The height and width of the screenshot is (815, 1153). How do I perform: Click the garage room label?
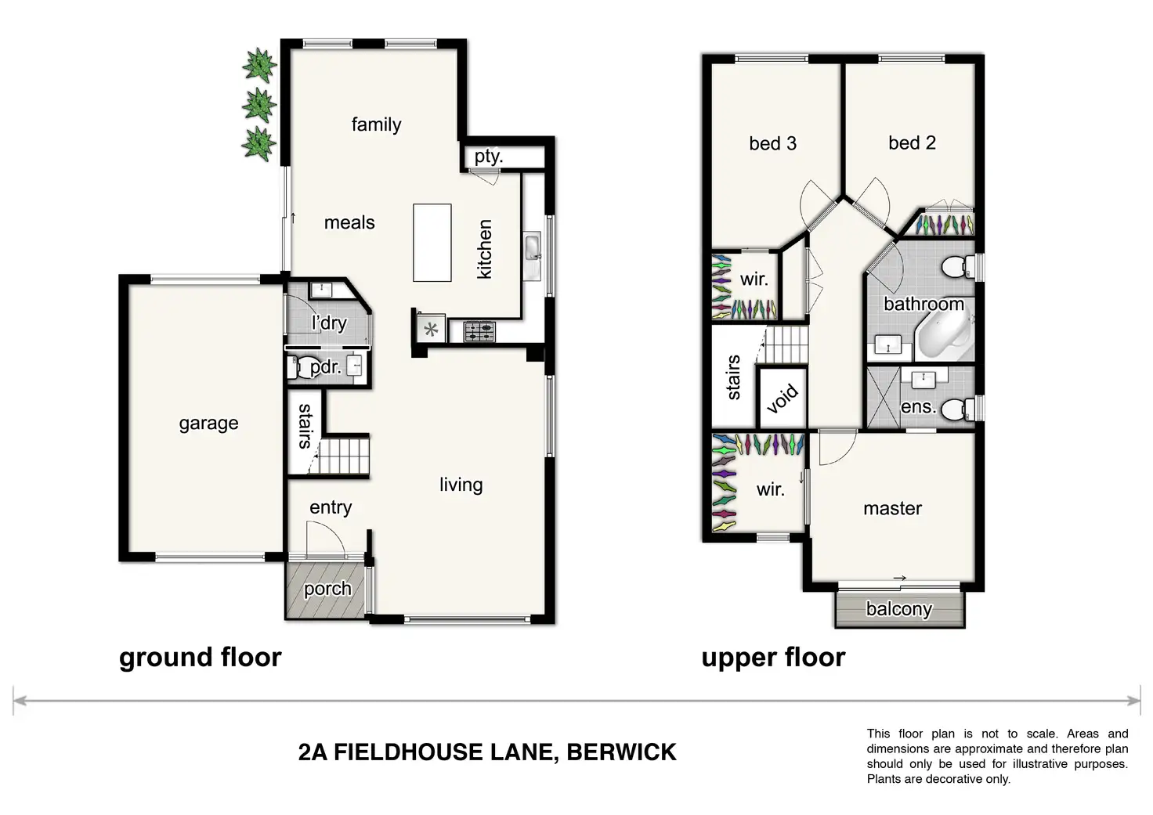pos(208,424)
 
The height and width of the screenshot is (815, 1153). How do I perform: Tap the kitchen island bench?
pos(432,242)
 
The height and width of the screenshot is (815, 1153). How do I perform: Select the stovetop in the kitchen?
pos(479,332)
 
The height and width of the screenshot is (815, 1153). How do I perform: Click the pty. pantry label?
pos(488,156)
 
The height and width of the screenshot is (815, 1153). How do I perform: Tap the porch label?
pos(327,589)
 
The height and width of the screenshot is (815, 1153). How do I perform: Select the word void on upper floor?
pos(783,398)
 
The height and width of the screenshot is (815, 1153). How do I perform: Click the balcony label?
pos(898,609)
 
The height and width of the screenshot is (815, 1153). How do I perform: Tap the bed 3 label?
pos(772,143)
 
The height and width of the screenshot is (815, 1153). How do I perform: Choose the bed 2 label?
pos(912,142)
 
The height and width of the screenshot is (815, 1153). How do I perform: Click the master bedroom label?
pos(892,509)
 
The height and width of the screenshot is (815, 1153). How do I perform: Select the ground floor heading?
pos(200,658)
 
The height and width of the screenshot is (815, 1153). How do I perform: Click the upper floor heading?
pos(773,658)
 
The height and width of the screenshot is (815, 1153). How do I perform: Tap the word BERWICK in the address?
pos(621,752)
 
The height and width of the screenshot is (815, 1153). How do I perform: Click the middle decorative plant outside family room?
pos(258,105)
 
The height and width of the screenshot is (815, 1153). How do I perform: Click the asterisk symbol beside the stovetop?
pos(431,330)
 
